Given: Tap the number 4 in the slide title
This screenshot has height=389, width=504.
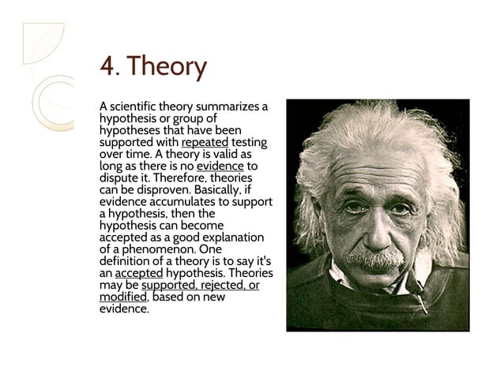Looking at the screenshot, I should coord(106,66).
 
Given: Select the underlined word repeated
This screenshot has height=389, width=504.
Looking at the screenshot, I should coord(205,142).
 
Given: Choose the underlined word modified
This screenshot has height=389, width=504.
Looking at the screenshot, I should coord(122,297).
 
